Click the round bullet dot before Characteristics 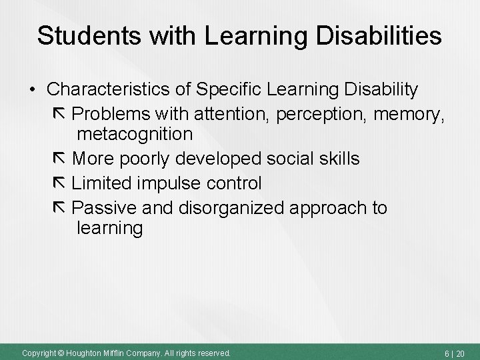(x=31, y=89)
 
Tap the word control (x=235, y=182)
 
